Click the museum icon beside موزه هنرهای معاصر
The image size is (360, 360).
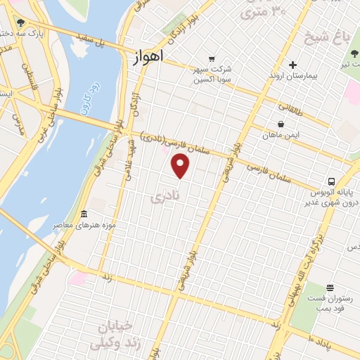tap(84, 214)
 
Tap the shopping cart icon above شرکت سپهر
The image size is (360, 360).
tap(210, 59)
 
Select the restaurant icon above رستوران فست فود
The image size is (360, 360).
tap(330, 287)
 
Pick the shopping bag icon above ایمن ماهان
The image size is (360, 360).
tap(281, 124)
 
